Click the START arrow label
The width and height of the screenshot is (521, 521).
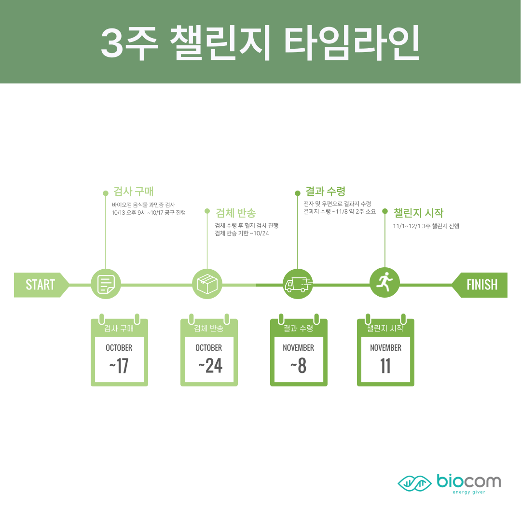click(x=40, y=285)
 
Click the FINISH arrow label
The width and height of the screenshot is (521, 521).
click(x=481, y=285)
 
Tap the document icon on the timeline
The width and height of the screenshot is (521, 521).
click(x=106, y=284)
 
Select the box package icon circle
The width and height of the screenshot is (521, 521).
click(x=207, y=284)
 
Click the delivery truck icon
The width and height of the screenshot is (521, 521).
click(x=298, y=284)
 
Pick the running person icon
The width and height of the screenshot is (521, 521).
click(x=384, y=282)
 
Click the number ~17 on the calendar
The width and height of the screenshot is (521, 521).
click(x=119, y=366)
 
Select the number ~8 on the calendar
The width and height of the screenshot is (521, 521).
click(x=298, y=366)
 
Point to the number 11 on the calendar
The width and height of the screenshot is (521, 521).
click(x=385, y=366)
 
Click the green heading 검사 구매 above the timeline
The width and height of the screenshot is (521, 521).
click(x=133, y=191)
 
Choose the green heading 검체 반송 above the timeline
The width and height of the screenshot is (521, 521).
click(x=235, y=213)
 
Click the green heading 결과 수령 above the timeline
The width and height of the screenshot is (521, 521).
click(x=325, y=191)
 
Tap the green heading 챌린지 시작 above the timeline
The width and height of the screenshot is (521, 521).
click(x=418, y=213)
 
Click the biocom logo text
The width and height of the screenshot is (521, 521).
click(x=468, y=481)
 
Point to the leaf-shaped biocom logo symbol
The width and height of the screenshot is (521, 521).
click(x=414, y=482)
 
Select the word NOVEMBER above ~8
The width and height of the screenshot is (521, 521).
click(x=298, y=347)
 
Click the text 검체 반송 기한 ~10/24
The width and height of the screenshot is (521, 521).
click(x=241, y=233)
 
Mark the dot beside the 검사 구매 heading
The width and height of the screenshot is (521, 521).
click(x=106, y=193)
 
